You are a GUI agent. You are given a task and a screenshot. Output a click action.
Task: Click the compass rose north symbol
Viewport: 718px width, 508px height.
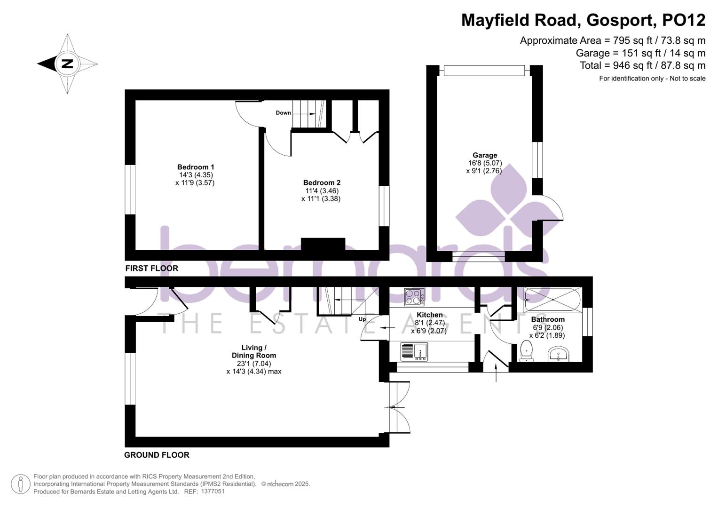pyautogui.click(x=67, y=63)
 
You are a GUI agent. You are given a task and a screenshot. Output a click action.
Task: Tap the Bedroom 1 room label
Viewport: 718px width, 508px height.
pyautogui.click(x=196, y=167)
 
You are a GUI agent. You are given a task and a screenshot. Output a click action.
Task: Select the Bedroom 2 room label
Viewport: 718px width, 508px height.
pyautogui.click(x=322, y=183)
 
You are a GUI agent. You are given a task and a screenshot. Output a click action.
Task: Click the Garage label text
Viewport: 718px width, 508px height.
pyautogui.click(x=485, y=155)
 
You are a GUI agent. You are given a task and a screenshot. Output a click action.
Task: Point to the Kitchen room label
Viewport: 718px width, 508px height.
pyautogui.click(x=429, y=315)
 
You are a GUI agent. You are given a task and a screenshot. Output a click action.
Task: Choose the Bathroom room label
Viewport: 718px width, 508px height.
pyautogui.click(x=548, y=319)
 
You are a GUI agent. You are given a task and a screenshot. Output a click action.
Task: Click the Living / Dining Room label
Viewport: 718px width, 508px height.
pyautogui.click(x=253, y=351)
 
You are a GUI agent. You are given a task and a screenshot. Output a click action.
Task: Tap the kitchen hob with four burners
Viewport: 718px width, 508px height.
pyautogui.click(x=414, y=297)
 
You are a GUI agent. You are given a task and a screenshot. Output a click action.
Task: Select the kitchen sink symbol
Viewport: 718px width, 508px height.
pyautogui.click(x=414, y=351)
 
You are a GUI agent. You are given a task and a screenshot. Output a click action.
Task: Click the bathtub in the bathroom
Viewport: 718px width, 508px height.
pyautogui.click(x=552, y=299)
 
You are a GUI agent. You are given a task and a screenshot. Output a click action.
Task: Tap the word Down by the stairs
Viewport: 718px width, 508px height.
pyautogui.click(x=283, y=113)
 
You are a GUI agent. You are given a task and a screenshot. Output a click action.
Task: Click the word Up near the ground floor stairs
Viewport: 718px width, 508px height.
pyautogui.click(x=362, y=319)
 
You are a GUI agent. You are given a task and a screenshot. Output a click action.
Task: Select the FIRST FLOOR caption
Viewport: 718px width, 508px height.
pyautogui.click(x=151, y=268)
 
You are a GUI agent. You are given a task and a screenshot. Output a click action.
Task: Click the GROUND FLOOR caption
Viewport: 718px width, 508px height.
pyautogui.click(x=157, y=455)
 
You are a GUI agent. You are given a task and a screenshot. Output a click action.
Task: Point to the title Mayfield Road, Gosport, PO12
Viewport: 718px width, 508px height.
pyautogui.click(x=583, y=20)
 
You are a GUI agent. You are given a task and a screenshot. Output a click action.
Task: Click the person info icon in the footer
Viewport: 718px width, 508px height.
pyautogui.click(x=21, y=484)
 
